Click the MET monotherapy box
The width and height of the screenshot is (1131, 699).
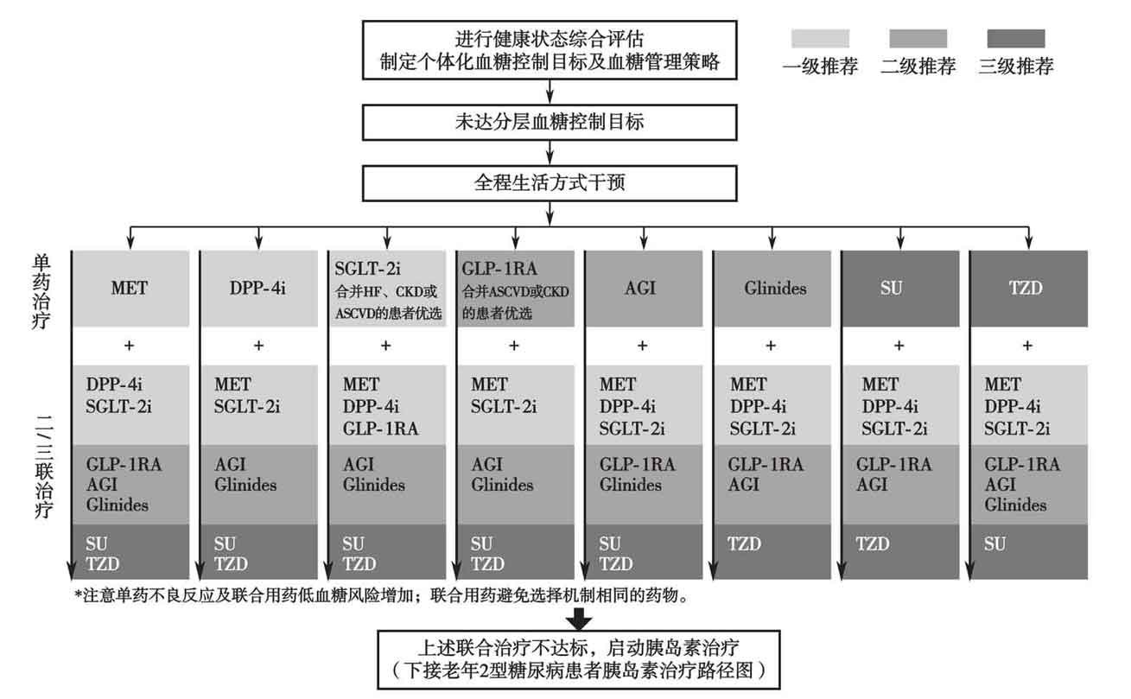129,289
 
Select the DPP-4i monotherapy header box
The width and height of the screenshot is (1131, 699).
257,289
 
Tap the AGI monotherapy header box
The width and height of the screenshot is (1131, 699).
641,289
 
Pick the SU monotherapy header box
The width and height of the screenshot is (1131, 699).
899,289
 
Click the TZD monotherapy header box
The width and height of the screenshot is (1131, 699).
1026,289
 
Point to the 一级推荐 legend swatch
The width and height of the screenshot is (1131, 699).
820,39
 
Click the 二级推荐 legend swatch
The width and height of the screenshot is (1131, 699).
918,39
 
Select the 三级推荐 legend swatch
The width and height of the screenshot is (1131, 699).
1015,39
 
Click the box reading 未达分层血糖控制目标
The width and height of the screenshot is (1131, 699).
550,122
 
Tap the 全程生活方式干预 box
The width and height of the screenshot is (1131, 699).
550,183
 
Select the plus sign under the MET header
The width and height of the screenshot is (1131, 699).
130,346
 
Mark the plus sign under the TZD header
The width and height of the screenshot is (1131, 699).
1027,346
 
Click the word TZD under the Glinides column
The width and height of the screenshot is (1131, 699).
745,544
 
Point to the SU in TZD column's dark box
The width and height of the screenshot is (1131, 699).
994,544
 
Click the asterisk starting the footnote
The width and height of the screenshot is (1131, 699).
79,595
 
